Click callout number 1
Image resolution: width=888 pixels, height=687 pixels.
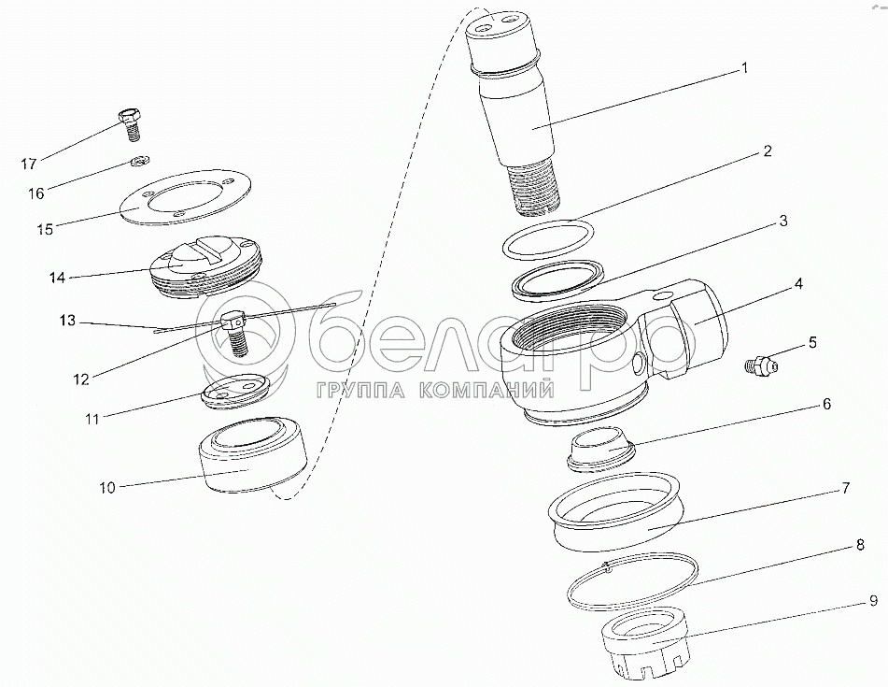tap(745, 68)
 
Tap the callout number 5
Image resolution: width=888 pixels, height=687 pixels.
tap(812, 342)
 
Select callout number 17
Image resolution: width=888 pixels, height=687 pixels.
tap(29, 165)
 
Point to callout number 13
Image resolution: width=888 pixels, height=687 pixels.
tap(67, 321)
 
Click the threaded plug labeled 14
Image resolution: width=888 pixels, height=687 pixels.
tap(205, 265)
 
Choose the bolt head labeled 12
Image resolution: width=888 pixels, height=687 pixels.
tap(232, 321)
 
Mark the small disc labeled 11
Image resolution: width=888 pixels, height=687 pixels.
tap(234, 391)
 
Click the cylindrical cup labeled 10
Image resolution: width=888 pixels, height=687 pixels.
tap(253, 456)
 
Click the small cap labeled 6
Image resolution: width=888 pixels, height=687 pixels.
tap(601, 449)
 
